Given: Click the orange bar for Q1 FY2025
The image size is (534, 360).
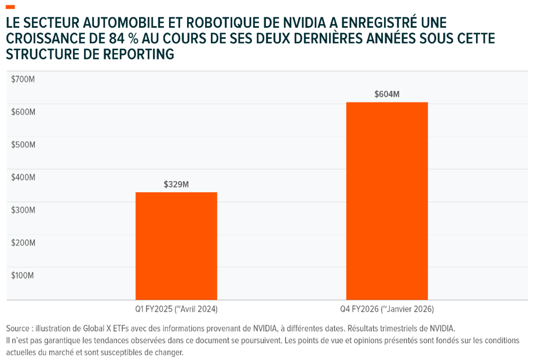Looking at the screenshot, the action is point(177,246).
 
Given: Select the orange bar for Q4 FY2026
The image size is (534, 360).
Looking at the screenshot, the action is point(387,201).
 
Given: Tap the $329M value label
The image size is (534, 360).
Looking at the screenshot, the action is point(176,185).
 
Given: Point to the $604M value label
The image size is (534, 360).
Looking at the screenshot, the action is point(387,94).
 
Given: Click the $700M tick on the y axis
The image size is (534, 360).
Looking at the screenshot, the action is point(23,79).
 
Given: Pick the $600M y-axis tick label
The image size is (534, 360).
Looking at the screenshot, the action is point(23,112).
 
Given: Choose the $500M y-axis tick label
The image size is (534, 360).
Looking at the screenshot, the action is point(23,145).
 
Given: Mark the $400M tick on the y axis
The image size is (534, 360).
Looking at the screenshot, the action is point(23,177).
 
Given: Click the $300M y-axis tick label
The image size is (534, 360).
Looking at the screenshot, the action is point(23,210).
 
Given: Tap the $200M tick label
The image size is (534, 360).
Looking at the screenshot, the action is point(23,243).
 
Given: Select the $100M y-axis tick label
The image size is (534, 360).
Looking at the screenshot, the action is point(23,275).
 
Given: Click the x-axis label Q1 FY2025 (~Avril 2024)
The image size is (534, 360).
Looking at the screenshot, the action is point(177,309).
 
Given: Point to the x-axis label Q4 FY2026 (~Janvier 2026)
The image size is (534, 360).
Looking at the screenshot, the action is point(387,309).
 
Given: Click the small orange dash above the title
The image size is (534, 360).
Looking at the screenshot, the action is point(10,7).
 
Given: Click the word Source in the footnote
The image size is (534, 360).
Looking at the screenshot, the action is point(18,329).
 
